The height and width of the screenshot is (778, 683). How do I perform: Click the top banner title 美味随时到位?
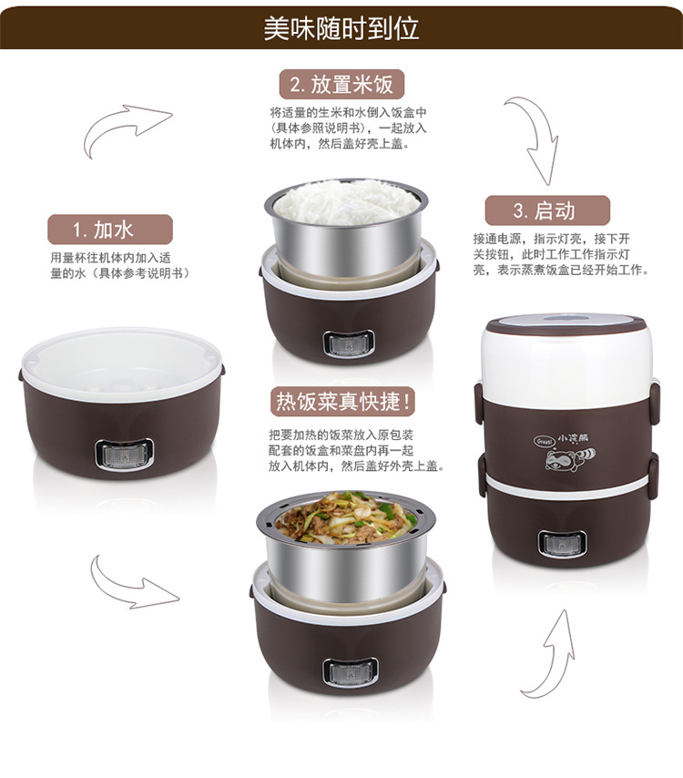pos(341,28)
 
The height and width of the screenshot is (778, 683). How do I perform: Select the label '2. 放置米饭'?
pos(341,85)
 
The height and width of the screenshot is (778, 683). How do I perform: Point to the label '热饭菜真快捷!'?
pos(342,402)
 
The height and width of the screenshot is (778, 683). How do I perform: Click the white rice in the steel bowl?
pos(346,201)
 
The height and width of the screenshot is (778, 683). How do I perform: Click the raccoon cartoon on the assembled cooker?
pos(570,459)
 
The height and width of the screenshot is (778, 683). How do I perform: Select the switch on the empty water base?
pos(124,455)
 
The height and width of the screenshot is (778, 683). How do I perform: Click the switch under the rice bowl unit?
pos(349,343)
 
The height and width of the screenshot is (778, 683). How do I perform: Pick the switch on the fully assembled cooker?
pos(563,544)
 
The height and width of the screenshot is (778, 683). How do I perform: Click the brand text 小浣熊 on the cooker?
pos(573,438)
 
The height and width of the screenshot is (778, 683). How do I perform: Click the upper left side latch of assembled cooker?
pos(479,403)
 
